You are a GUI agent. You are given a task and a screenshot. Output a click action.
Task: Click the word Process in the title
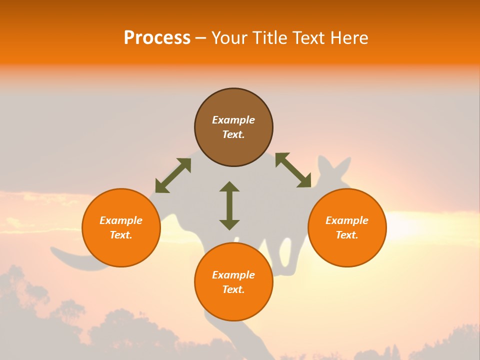(x=157, y=38)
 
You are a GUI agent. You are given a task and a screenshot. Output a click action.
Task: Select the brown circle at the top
(x=233, y=127)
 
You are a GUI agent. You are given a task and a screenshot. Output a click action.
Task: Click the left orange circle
(x=121, y=227)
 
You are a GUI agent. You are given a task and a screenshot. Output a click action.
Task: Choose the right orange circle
(x=347, y=227)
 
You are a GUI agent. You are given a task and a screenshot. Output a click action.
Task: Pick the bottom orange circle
(x=233, y=282)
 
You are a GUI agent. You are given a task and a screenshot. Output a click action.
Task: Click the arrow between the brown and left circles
(x=173, y=175)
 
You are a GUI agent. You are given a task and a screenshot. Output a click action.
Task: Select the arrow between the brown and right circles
(x=293, y=170)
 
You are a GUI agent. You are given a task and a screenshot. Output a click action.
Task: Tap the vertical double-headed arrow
(x=229, y=205)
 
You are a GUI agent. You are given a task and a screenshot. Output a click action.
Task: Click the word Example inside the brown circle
(x=233, y=120)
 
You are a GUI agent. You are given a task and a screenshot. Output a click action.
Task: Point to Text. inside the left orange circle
(x=121, y=235)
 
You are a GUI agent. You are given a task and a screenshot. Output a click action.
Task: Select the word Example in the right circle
(x=347, y=220)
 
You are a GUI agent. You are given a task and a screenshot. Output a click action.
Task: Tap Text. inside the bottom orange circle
(x=233, y=289)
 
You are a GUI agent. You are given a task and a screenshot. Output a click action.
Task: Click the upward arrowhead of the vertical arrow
(x=229, y=186)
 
